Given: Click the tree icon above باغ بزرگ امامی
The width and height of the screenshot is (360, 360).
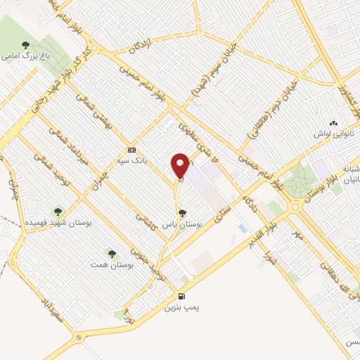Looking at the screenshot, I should pos(25,45).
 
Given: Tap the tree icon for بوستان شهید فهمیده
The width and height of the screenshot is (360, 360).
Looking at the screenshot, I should pos(58,211).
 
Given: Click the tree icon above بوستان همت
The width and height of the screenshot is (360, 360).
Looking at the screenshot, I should pos(111,252).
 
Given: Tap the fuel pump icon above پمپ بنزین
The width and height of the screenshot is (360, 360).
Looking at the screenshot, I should pos(182,297).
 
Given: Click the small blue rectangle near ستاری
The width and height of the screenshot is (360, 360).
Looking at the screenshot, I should pos(243,229).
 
